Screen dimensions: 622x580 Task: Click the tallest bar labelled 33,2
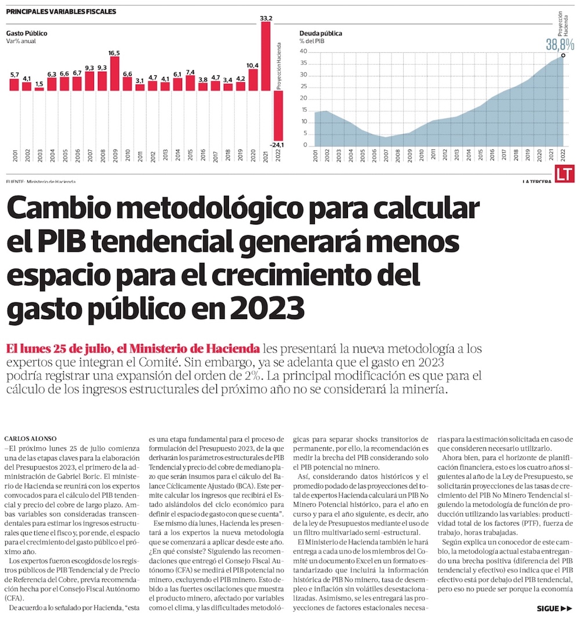(x=266, y=57)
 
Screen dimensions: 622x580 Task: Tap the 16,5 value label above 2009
(x=114, y=53)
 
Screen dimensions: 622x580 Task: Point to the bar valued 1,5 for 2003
(x=39, y=89)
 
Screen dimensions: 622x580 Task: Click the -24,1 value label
(x=278, y=145)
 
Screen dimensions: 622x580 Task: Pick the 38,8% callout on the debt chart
(x=560, y=44)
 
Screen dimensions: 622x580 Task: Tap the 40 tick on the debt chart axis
(x=303, y=51)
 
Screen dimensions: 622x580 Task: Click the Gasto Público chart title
(x=27, y=34)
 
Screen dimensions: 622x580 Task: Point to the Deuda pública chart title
(x=321, y=34)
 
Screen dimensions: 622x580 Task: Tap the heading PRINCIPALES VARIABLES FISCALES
(x=61, y=11)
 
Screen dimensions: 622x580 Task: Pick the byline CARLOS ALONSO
(x=29, y=438)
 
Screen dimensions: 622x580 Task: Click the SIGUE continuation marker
(x=554, y=609)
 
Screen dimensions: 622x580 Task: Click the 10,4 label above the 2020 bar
(x=253, y=65)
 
